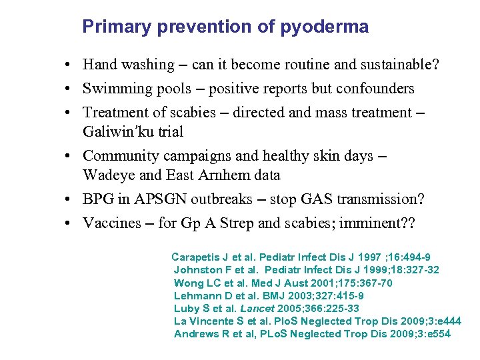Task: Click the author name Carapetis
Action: pyautogui.click(x=196, y=257)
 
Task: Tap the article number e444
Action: pyautogui.click(x=446, y=321)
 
